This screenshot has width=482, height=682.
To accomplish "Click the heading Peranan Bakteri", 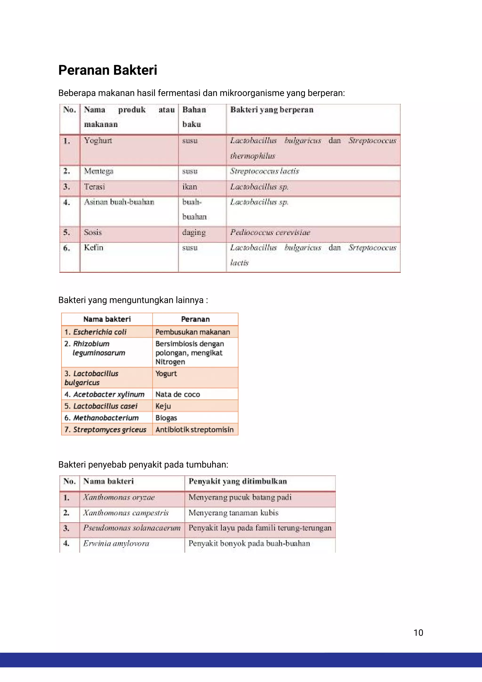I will (108, 70).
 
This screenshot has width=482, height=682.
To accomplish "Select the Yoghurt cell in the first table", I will (98, 141).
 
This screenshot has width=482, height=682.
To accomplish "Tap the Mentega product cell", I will (99, 171).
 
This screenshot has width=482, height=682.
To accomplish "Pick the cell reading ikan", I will (189, 187).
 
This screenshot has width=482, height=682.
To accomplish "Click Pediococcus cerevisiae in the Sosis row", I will (270, 232).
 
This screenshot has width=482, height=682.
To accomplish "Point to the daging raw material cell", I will (194, 232).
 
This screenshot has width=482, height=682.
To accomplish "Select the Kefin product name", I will (93, 248).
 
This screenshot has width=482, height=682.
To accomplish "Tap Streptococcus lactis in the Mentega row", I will (264, 171).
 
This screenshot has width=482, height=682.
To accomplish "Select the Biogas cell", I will (166, 418).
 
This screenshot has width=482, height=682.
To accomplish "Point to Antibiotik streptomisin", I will (194, 430).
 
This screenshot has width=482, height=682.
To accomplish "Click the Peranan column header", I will (195, 319).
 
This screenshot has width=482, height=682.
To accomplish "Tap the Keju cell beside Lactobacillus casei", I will (163, 406).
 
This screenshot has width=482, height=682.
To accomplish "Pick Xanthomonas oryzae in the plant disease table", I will (119, 497).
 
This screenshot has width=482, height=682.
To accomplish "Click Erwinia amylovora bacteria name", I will (116, 543).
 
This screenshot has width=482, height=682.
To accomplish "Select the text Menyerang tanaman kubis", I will (233, 513).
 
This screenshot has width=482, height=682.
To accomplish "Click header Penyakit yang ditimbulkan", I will (237, 481).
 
